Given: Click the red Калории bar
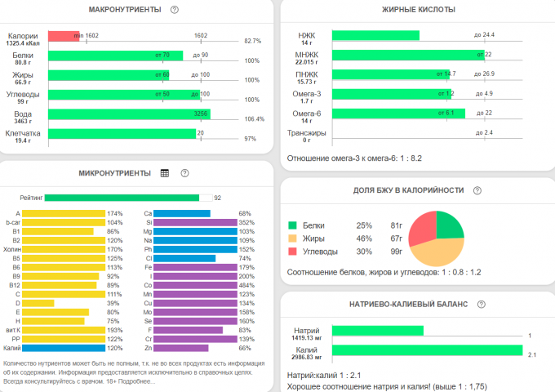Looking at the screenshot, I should click(64, 36).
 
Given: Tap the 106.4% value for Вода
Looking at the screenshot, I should click(254, 119).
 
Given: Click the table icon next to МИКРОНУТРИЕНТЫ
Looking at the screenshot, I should click(165, 173).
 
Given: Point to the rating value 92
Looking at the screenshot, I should click(218, 198).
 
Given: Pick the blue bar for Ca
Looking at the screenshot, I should click(182, 213).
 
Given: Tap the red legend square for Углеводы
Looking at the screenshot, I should click(292, 252).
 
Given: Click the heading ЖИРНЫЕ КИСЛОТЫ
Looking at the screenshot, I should click(419, 10).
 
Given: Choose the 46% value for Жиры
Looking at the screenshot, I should click(364, 238).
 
